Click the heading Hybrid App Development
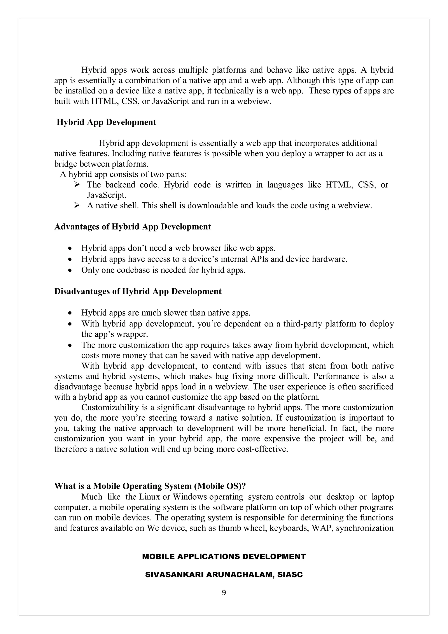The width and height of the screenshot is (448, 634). click(x=106, y=122)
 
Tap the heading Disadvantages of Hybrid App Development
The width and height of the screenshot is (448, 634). click(x=138, y=291)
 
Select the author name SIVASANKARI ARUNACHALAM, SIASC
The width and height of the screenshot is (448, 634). click(x=224, y=575)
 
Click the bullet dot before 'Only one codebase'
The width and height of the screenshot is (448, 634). click(x=71, y=270)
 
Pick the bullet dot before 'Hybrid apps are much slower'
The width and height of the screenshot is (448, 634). click(x=71, y=313)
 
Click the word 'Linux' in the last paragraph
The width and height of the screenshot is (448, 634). click(x=149, y=497)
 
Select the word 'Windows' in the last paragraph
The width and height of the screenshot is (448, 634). click(x=190, y=497)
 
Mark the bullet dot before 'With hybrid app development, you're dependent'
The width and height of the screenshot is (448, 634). click(x=71, y=324)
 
